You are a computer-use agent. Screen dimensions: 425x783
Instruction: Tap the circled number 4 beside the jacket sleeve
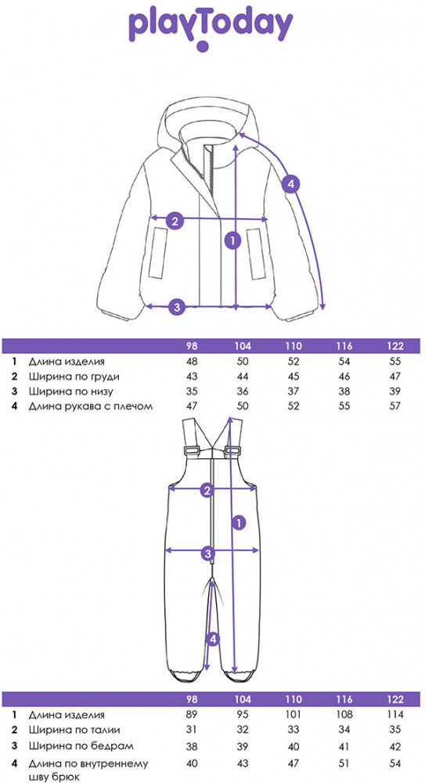pyautogui.click(x=291, y=184)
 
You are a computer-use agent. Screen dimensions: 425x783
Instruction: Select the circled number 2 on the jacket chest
pyautogui.click(x=174, y=220)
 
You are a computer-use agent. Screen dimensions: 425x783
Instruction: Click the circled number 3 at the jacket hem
pyautogui.click(x=177, y=306)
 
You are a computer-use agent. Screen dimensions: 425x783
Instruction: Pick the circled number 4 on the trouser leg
pyautogui.click(x=213, y=638)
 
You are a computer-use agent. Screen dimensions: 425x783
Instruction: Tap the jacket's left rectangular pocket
pyautogui.click(x=160, y=252)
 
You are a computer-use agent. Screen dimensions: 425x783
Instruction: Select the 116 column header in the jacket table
pyautogui.click(x=344, y=346)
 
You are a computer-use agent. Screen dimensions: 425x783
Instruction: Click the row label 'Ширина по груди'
pyautogui.click(x=74, y=377)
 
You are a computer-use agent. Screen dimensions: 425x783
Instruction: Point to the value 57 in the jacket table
pyautogui.click(x=395, y=406)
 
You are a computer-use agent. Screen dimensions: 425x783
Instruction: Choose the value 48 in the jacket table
pyautogui.click(x=192, y=362)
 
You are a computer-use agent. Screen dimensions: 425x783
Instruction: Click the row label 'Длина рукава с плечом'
pyautogui.click(x=90, y=406)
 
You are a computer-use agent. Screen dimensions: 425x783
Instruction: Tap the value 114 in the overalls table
pyautogui.click(x=395, y=715)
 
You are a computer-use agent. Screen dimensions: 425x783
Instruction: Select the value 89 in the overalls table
pyautogui.click(x=192, y=715)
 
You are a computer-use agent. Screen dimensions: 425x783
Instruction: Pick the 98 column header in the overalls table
pyautogui.click(x=192, y=699)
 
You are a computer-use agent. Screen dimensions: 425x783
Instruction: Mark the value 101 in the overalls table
pyautogui.click(x=294, y=715)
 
